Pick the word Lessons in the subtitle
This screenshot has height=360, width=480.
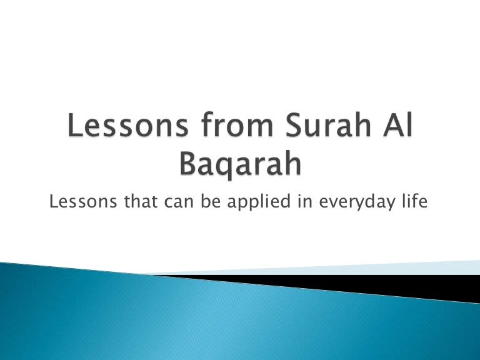coord(83,201)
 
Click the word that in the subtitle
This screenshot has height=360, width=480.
coord(140,201)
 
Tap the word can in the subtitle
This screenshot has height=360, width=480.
coord(179,202)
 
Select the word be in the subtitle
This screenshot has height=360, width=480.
coord(211,201)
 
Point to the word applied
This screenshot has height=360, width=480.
coord(259,202)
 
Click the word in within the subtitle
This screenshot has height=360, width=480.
coord(304,201)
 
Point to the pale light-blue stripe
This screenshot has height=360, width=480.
coord(337,269)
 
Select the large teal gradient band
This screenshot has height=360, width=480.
coord(214,321)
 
